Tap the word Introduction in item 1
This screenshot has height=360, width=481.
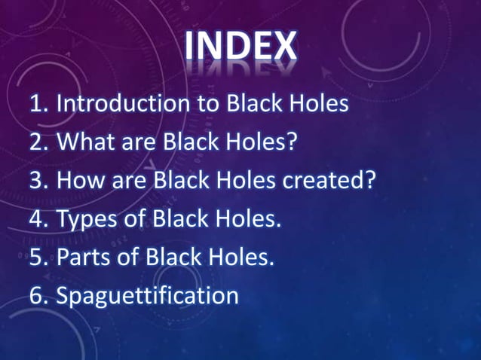click(x=120, y=103)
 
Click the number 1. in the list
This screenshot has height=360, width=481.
click(x=40, y=104)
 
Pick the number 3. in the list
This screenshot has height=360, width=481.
click(x=40, y=181)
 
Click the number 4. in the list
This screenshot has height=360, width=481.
click(x=40, y=220)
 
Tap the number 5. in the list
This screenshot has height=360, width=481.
click(x=40, y=258)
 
